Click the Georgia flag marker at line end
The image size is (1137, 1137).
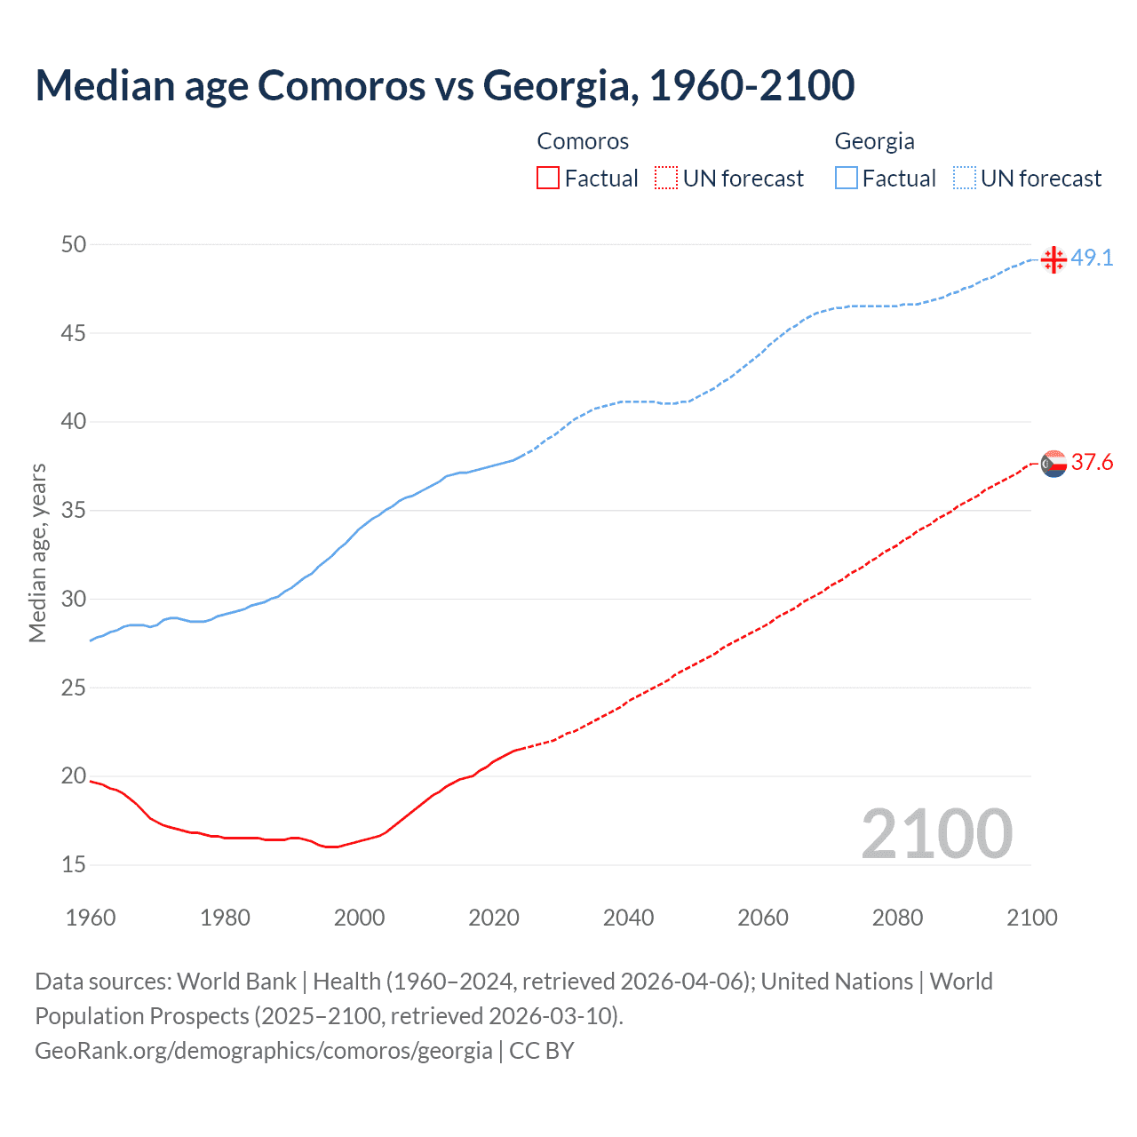pyautogui.click(x=1054, y=259)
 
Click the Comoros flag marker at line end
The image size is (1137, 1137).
pyautogui.click(x=1054, y=464)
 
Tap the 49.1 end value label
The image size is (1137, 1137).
pyautogui.click(x=1092, y=258)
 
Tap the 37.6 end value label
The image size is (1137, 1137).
pyautogui.click(x=1092, y=463)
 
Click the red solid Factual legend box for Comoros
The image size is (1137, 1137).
pyautogui.click(x=548, y=178)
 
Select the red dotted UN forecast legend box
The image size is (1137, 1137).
pyautogui.click(x=666, y=178)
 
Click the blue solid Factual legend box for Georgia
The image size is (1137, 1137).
pyautogui.click(x=846, y=178)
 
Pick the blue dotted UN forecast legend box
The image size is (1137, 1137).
pyautogui.click(x=964, y=178)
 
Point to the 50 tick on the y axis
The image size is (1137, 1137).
pyautogui.click(x=74, y=244)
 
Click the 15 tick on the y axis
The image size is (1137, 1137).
pyautogui.click(x=74, y=864)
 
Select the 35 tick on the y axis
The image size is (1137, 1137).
pyautogui.click(x=74, y=511)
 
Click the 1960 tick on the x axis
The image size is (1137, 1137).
pyautogui.click(x=91, y=918)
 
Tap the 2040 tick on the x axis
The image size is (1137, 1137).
pyautogui.click(x=628, y=918)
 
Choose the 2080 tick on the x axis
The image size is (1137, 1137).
pyautogui.click(x=897, y=918)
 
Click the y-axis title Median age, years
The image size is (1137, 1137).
pyautogui.click(x=37, y=553)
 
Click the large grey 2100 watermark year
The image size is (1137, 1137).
pyautogui.click(x=936, y=833)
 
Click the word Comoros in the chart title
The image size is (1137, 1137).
pyautogui.click(x=341, y=85)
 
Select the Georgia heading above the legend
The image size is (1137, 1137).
pyautogui.click(x=874, y=141)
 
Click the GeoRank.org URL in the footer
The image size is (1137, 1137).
pyautogui.click(x=263, y=1051)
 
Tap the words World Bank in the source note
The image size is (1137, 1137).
pyautogui.click(x=236, y=982)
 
